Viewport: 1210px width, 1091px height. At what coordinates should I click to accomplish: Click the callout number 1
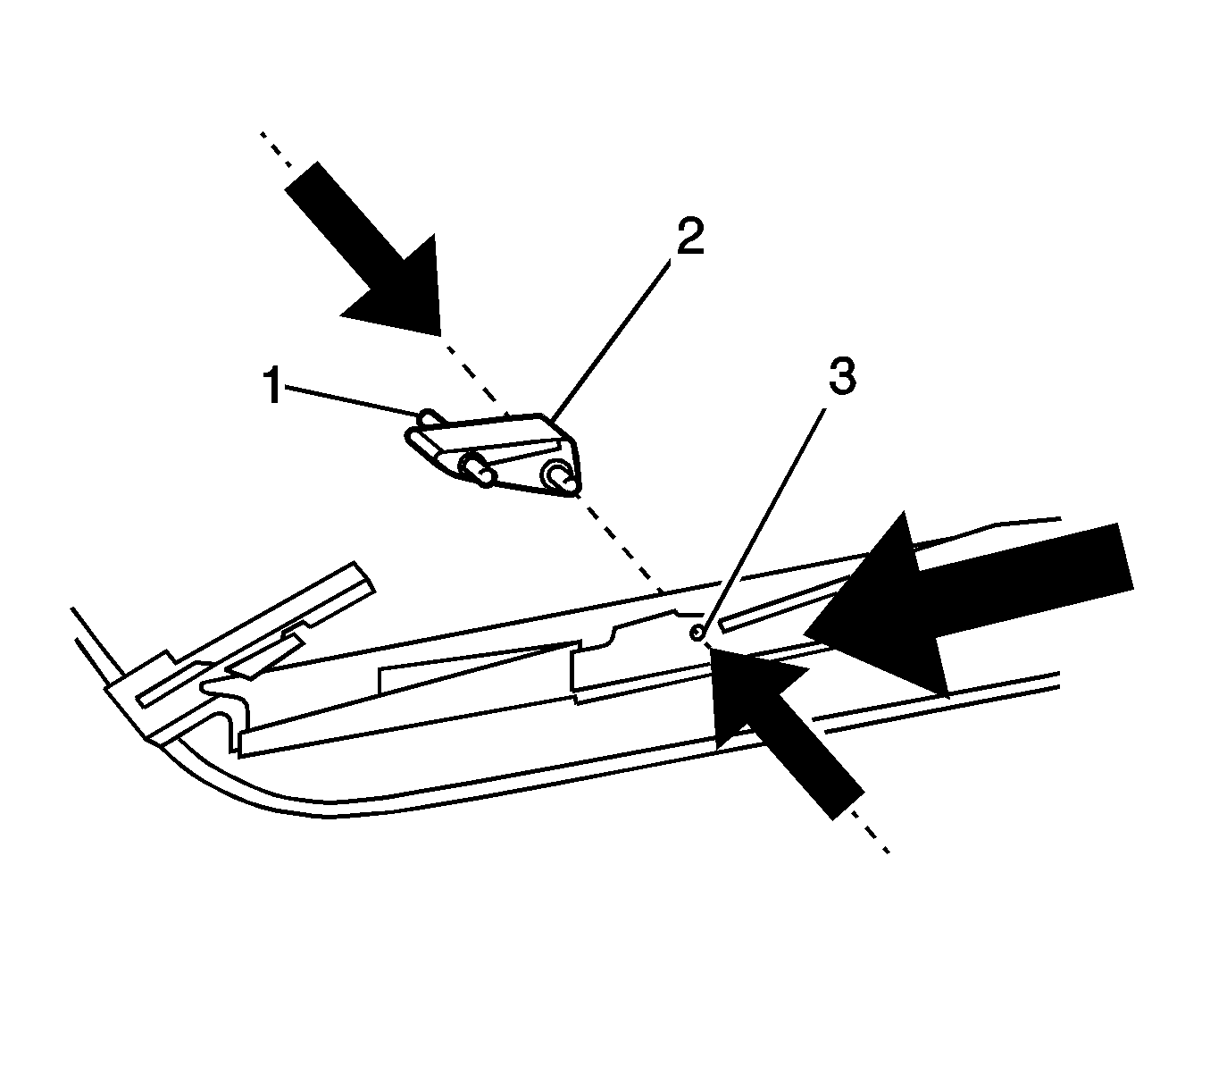tap(273, 387)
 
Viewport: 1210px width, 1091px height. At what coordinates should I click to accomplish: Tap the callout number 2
tap(690, 237)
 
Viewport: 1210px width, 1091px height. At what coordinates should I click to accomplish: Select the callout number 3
tap(842, 377)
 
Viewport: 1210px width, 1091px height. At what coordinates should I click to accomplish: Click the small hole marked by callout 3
tap(697, 633)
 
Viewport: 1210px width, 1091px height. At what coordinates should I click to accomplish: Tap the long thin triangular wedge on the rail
tap(477, 667)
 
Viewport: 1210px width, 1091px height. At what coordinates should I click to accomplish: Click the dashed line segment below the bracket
tap(622, 543)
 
